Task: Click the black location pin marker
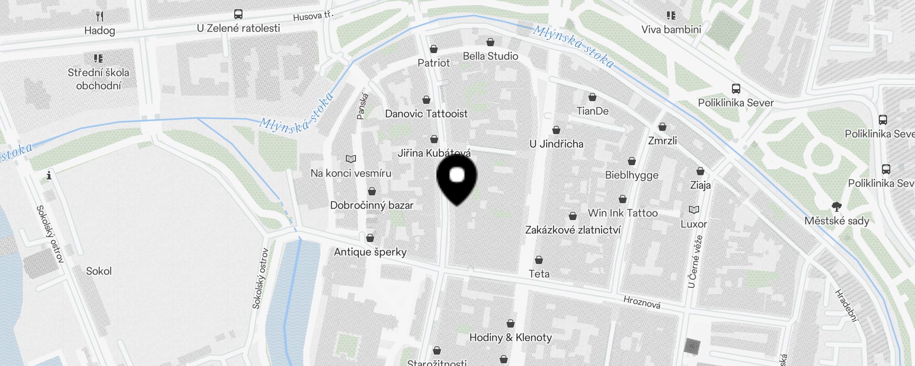[x=457, y=179]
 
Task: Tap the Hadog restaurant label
[x=99, y=31]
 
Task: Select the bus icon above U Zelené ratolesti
[x=238, y=14]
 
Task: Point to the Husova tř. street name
[x=313, y=16]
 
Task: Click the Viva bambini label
[x=671, y=30]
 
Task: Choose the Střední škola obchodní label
[x=98, y=79]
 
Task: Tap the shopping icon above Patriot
[x=434, y=49]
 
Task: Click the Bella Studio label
[x=490, y=56]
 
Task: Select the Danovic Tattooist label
[x=426, y=114]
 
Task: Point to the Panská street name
[x=363, y=106]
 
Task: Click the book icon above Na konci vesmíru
[x=351, y=159]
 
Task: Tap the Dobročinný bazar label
[x=371, y=205]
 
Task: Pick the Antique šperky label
[x=370, y=252]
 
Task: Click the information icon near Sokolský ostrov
[x=49, y=176]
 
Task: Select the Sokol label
[x=99, y=271]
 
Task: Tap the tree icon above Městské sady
[x=837, y=207]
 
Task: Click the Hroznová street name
[x=642, y=302]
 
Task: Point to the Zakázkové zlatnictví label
[x=572, y=230]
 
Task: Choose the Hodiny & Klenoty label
[x=510, y=338]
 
